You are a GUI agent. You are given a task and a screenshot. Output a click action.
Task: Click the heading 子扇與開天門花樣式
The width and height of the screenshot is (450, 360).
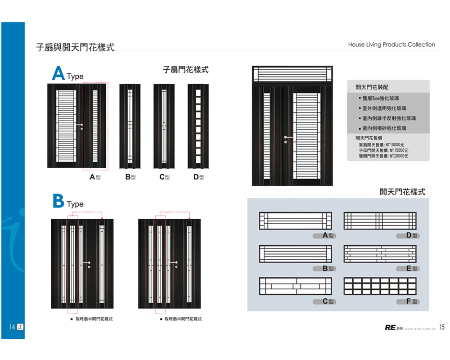(x=75, y=47)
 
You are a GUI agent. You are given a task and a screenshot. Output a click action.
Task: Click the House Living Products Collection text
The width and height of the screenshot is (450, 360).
(x=391, y=45)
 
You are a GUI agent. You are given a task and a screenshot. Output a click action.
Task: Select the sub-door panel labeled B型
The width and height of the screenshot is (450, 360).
(x=130, y=126)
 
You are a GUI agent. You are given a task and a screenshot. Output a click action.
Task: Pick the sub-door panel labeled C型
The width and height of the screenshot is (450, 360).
(x=164, y=126)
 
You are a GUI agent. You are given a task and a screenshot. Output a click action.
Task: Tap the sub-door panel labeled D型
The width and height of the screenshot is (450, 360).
(x=198, y=126)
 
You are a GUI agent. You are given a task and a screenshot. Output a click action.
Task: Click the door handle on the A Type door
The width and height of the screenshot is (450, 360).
(x=80, y=125)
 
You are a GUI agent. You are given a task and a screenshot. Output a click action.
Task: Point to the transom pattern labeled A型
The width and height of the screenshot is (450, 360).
(x=295, y=220)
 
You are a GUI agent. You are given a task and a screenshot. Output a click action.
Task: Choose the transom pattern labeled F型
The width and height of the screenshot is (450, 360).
(x=380, y=286)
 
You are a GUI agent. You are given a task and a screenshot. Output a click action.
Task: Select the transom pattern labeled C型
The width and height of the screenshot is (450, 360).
(x=295, y=286)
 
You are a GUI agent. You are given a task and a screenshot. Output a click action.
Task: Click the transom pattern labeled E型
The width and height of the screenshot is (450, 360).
(x=380, y=254)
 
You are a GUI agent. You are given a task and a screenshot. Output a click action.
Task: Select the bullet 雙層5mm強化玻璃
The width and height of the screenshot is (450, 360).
(x=380, y=98)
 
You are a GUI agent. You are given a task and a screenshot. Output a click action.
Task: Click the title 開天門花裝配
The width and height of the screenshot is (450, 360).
(x=372, y=87)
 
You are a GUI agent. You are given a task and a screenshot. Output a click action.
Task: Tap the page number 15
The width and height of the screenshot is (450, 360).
(x=441, y=327)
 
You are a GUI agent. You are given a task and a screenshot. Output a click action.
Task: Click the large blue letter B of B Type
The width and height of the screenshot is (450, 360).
(x=58, y=201)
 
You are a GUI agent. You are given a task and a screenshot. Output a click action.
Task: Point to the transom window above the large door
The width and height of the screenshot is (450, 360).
(x=292, y=74)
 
